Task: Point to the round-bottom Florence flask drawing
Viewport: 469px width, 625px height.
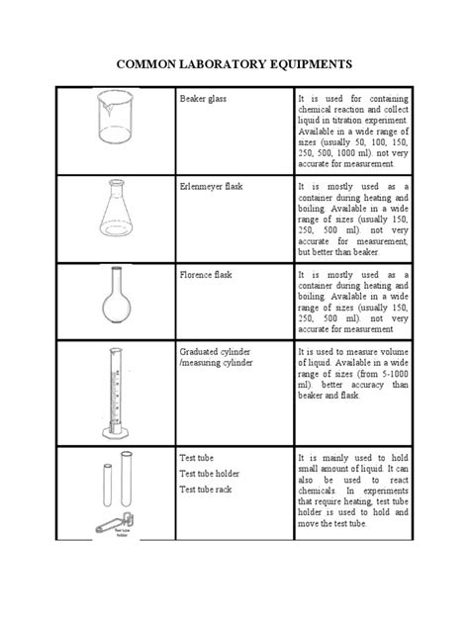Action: click(117, 303)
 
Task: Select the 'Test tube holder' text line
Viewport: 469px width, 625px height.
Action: click(211, 473)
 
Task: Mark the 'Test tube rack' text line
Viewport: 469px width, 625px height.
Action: click(207, 489)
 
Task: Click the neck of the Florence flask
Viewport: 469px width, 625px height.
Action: click(116, 281)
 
